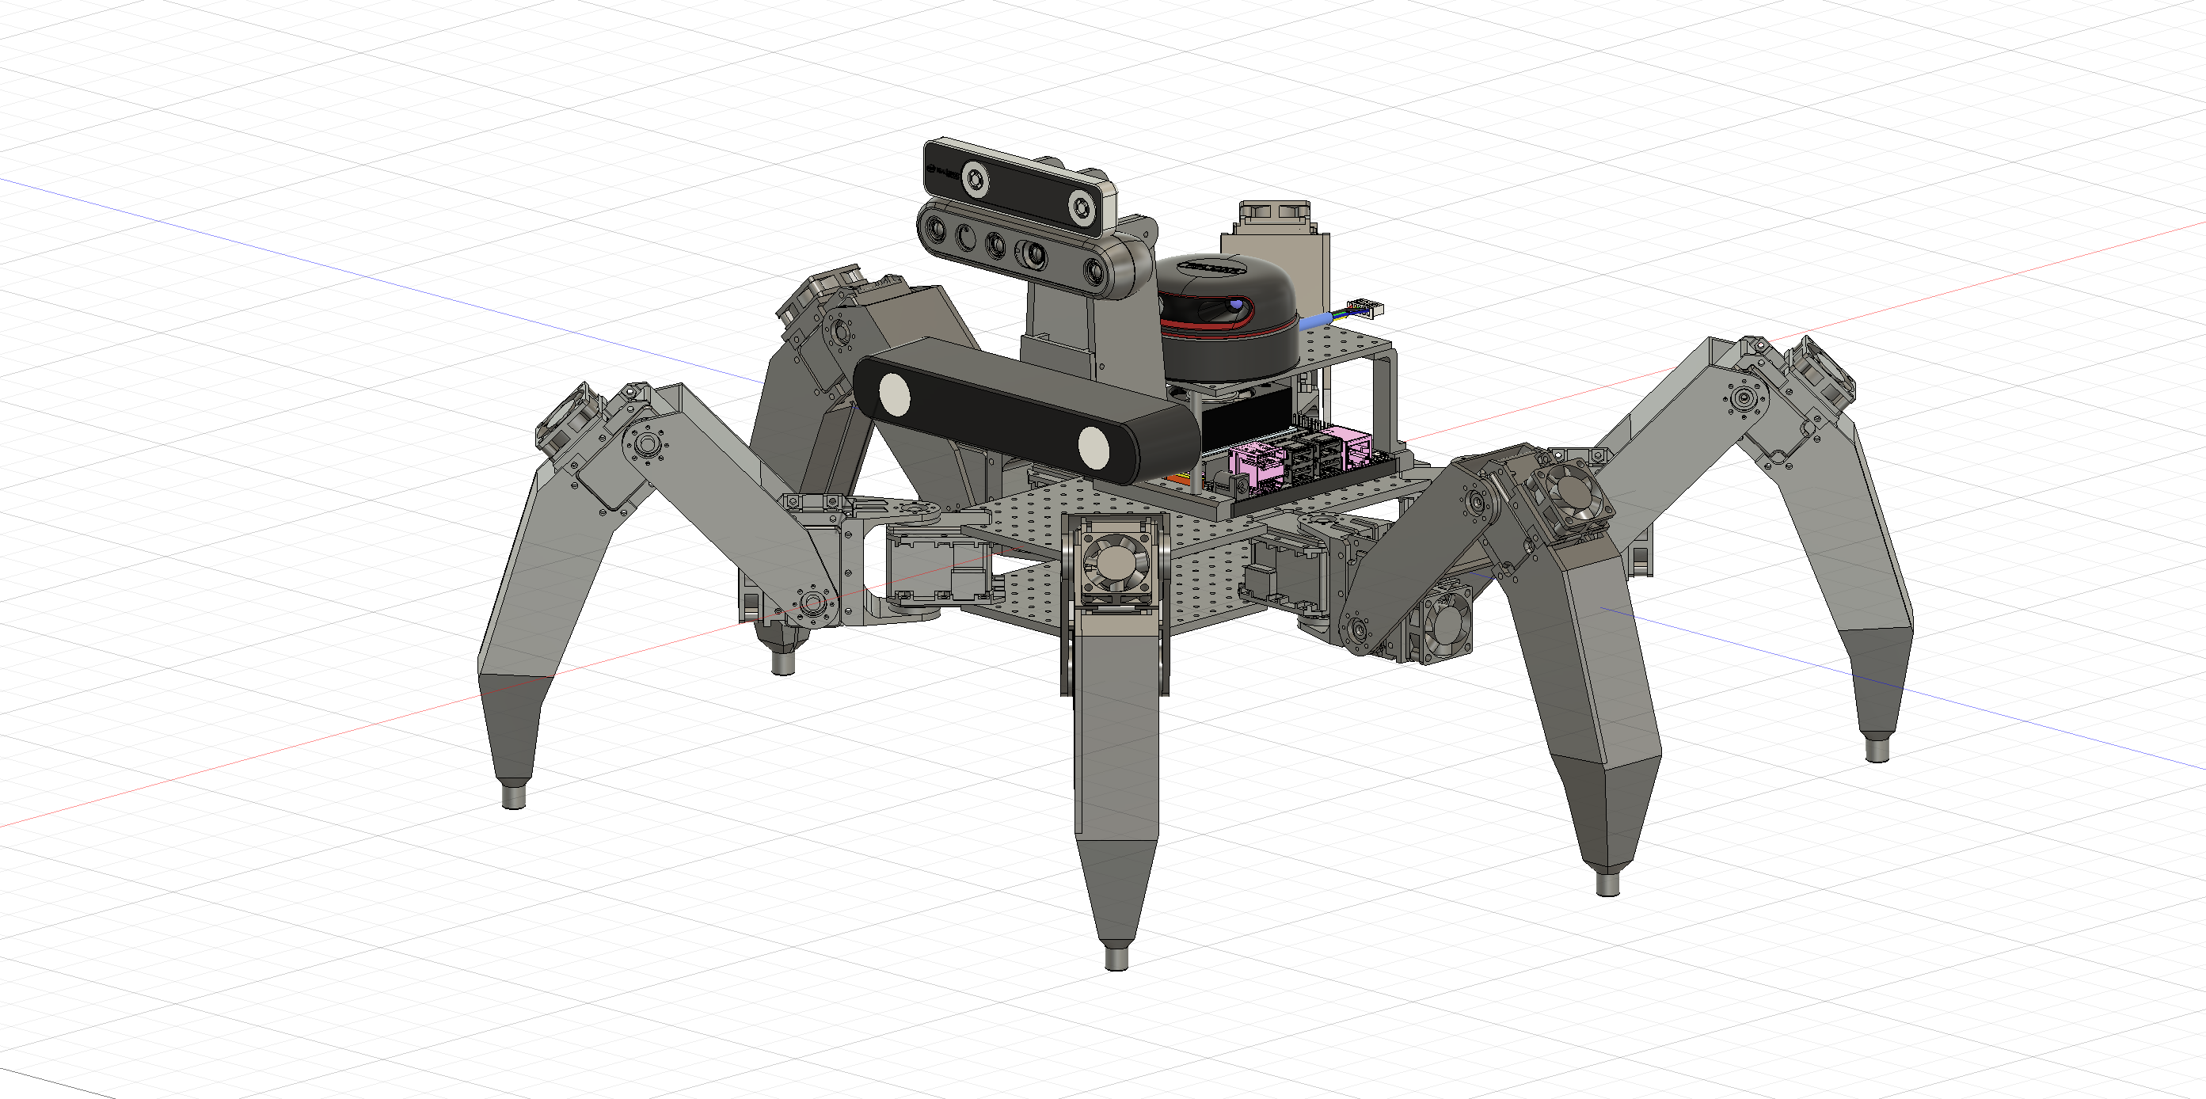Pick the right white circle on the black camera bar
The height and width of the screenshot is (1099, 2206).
pyautogui.click(x=1093, y=447)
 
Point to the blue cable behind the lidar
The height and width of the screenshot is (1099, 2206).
pyautogui.click(x=1314, y=321)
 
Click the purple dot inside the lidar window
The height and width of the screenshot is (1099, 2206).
pyautogui.click(x=1238, y=305)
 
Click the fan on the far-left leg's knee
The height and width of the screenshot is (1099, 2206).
pyautogui.click(x=568, y=415)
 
